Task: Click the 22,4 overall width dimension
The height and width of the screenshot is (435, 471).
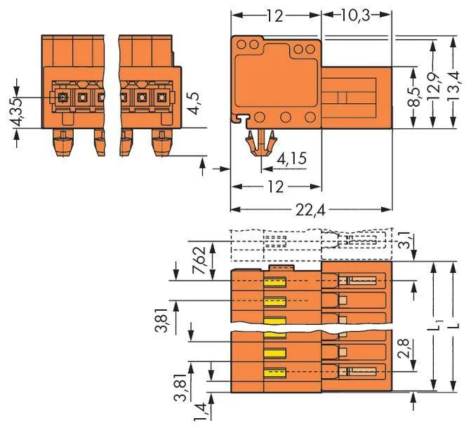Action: coord(310,210)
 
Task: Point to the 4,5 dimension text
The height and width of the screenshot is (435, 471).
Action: coord(194,104)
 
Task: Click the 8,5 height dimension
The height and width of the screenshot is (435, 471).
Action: coord(416,97)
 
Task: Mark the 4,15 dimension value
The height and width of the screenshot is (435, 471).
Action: coord(291,158)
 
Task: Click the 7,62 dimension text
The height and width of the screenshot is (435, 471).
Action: coord(198,260)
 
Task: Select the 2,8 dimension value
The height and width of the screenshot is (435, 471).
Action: coord(404,348)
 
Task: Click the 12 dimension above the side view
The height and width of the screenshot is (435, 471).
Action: coord(275,15)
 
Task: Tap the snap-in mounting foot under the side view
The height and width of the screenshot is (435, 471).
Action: coord(260,142)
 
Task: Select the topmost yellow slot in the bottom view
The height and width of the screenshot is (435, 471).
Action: coord(275,282)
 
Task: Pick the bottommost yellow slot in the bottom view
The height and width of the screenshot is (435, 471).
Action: coord(275,372)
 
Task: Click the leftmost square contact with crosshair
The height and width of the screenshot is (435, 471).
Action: coord(62,98)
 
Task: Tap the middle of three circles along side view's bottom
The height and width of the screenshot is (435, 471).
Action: coord(286,117)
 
